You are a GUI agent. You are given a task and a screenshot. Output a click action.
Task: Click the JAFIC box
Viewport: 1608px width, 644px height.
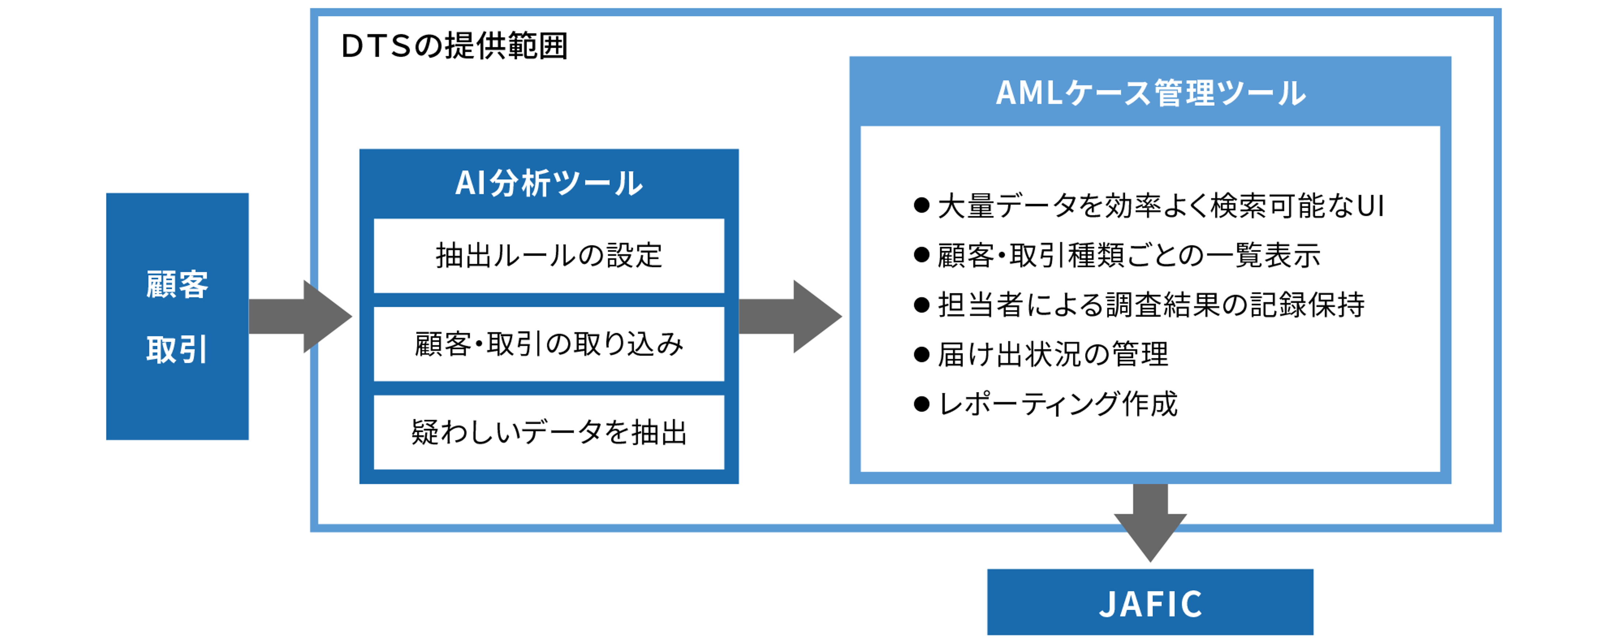[x=1150, y=603]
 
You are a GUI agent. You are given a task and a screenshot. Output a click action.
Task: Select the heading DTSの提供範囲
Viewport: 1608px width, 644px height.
[x=454, y=46]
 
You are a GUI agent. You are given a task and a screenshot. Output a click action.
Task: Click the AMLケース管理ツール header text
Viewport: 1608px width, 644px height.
[x=1150, y=93]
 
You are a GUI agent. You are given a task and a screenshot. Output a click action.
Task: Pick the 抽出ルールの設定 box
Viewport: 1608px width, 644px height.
[x=549, y=256]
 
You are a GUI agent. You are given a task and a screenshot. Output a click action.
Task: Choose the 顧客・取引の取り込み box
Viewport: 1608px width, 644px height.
[x=549, y=343]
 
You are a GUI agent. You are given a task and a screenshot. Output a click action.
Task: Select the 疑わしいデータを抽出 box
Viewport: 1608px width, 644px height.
[x=549, y=432]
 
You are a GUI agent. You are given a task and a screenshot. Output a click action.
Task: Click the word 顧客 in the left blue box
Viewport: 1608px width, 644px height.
[x=177, y=285]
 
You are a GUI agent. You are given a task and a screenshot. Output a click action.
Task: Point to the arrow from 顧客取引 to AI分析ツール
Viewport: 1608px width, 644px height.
[x=300, y=316]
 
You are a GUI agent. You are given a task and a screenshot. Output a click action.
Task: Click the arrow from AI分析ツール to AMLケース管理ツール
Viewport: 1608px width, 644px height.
[x=790, y=316]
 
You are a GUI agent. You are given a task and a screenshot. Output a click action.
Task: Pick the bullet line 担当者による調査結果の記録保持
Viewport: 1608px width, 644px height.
[x=1150, y=305]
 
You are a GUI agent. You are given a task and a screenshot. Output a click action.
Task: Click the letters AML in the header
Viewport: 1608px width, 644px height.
[x=1029, y=93]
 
